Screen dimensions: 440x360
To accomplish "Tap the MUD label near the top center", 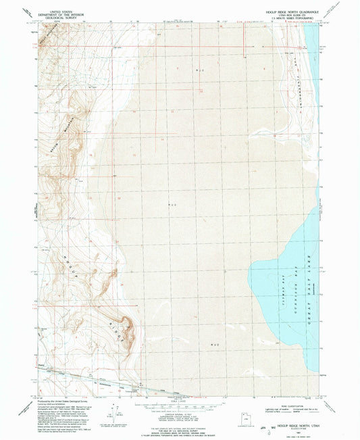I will coord(199,69).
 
